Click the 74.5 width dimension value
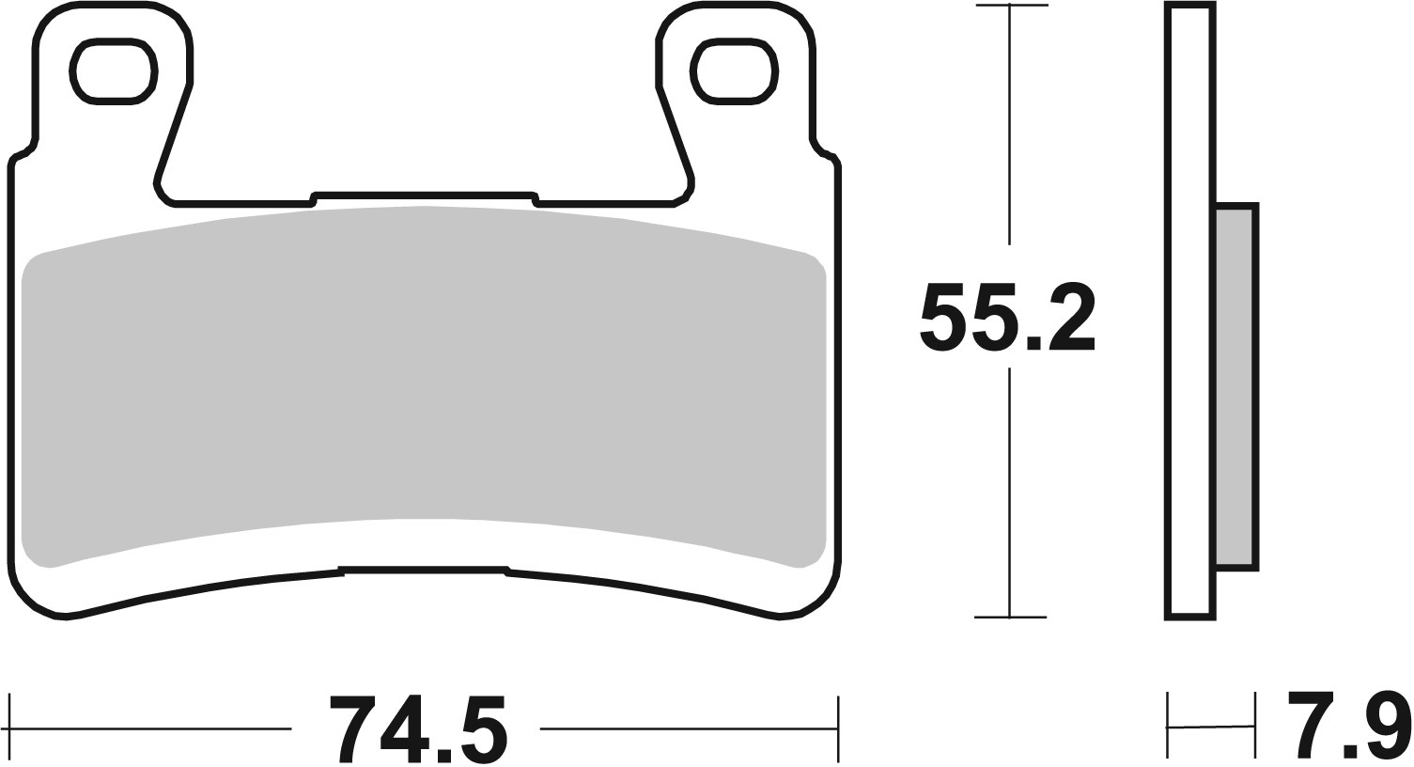pyautogui.click(x=418, y=728)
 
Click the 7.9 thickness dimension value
pyautogui.click(x=1349, y=725)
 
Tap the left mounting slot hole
pyautogui.click(x=113, y=71)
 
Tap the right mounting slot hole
pyautogui.click(x=734, y=71)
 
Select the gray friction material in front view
pyautogui.click(x=423, y=385)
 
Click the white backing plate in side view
pyautogui.click(x=1189, y=310)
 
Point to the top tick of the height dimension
pyautogui.click(x=1010, y=6)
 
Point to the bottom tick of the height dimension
pyautogui.click(x=1010, y=618)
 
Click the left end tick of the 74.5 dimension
pyautogui.click(x=9, y=728)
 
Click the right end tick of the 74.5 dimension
pyautogui.click(x=837, y=728)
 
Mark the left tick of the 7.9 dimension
pyautogui.click(x=1168, y=726)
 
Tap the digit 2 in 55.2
pyautogui.click(x=1071, y=318)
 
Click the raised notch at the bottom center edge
pyautogui.click(x=423, y=569)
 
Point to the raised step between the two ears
pyautogui.click(x=423, y=196)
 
